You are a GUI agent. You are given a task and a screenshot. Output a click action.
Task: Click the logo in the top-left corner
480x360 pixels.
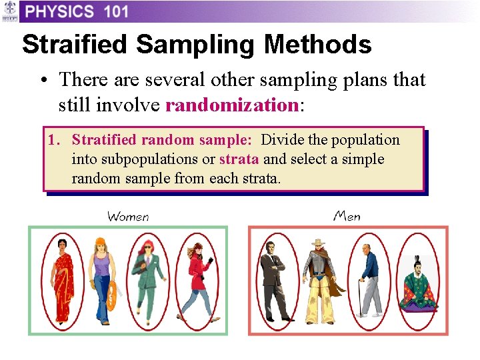pyautogui.click(x=9, y=11)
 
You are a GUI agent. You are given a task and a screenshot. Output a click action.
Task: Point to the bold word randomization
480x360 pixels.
pyautogui.click(x=231, y=105)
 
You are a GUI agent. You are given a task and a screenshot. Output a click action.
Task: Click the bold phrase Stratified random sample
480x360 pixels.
pyautogui.click(x=161, y=140)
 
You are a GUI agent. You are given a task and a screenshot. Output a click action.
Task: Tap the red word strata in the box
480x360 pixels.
pyautogui.click(x=239, y=159)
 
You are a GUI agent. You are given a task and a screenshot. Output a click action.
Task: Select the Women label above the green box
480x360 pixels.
pyautogui.click(x=128, y=216)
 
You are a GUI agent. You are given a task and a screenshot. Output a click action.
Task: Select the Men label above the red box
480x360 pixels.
pyautogui.click(x=347, y=215)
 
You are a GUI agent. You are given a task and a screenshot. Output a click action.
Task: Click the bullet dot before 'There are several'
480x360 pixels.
pyautogui.click(x=42, y=81)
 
